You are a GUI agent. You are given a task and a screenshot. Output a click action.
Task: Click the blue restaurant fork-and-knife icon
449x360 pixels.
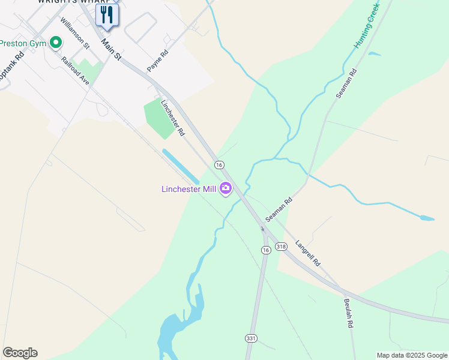(x=107, y=14)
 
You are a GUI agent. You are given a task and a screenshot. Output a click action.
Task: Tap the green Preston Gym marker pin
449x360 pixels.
(x=56, y=43)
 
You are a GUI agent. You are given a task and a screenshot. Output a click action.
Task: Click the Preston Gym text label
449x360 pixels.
(x=23, y=43)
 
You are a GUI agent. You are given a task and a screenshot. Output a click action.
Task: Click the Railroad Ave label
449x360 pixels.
(x=75, y=70)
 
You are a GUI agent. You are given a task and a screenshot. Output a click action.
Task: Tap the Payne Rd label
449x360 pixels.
(x=157, y=61)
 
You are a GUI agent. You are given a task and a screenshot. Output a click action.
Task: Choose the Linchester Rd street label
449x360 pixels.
(x=172, y=116)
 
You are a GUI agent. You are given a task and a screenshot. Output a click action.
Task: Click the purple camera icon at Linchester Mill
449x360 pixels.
(x=226, y=189)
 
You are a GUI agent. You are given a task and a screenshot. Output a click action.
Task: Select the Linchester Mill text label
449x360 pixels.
(x=188, y=190)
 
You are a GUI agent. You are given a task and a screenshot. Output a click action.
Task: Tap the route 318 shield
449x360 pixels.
(x=281, y=247)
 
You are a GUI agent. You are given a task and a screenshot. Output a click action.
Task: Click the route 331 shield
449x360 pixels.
(x=251, y=338)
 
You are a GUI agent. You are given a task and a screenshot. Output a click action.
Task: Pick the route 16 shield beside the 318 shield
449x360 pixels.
(x=265, y=249)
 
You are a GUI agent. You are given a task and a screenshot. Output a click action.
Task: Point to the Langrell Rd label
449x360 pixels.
(x=308, y=254)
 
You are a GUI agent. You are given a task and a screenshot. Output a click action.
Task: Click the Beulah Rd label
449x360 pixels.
(x=348, y=313)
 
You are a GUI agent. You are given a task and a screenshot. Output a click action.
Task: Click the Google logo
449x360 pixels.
(x=20, y=353)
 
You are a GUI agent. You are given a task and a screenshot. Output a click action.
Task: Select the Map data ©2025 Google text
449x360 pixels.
(x=412, y=355)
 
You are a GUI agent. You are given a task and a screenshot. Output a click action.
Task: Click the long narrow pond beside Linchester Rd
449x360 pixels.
(x=181, y=167)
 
